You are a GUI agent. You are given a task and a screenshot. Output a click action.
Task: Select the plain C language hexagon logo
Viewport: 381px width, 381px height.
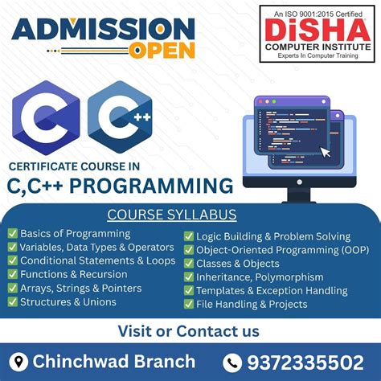click(x=45, y=121)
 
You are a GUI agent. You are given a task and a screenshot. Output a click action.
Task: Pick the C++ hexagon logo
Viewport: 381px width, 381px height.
click(x=120, y=121)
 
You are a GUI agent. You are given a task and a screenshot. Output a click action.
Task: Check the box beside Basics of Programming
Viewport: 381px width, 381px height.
click(x=12, y=233)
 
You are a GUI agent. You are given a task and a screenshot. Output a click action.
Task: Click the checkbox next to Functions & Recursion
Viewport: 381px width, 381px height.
click(x=12, y=274)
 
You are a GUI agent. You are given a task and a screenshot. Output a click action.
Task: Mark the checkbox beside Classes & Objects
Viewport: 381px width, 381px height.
click(x=189, y=264)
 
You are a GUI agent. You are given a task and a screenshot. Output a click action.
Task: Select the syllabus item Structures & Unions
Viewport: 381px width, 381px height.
click(x=68, y=302)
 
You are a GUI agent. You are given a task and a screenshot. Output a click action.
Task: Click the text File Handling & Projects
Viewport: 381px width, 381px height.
click(x=252, y=304)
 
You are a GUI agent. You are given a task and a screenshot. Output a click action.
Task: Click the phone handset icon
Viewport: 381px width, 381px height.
click(x=231, y=362)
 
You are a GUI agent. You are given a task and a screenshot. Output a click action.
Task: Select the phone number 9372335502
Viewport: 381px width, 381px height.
click(x=305, y=362)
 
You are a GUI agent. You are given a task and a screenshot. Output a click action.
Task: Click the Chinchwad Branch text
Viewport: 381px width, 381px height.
click(x=113, y=361)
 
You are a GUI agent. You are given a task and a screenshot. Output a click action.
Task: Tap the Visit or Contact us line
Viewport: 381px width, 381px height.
click(x=189, y=330)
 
